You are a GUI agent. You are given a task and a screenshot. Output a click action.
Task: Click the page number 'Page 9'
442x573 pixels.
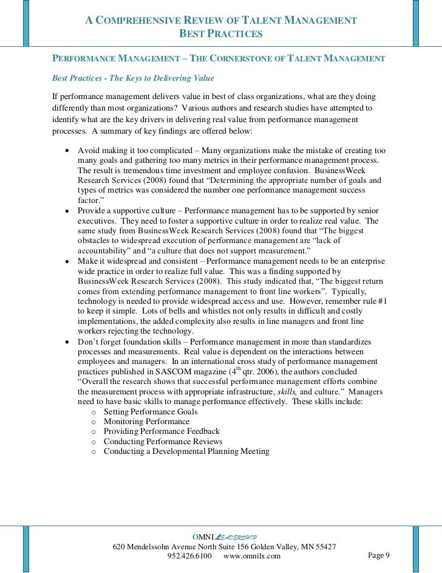[379, 555]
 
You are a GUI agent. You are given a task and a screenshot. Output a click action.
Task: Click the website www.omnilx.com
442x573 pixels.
[252, 556]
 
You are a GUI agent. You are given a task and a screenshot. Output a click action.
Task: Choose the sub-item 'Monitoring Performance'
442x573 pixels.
[146, 421]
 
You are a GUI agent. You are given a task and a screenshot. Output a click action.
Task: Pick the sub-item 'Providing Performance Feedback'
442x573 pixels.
[161, 431]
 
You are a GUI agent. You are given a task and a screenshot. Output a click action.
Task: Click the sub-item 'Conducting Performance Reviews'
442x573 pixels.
[163, 441]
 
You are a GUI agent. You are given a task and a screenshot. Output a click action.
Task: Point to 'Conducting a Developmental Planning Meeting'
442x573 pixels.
[186, 451]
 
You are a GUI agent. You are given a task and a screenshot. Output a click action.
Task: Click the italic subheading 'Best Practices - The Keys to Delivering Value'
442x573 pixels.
[133, 78]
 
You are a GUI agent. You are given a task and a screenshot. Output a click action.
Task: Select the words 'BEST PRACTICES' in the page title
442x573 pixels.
[220, 34]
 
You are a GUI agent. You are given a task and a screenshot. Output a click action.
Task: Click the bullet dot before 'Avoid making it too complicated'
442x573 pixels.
[66, 150]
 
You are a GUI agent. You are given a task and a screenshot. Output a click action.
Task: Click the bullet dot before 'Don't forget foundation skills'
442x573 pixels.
[66, 342]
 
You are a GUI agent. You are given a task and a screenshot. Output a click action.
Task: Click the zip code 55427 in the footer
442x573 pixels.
[324, 547]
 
